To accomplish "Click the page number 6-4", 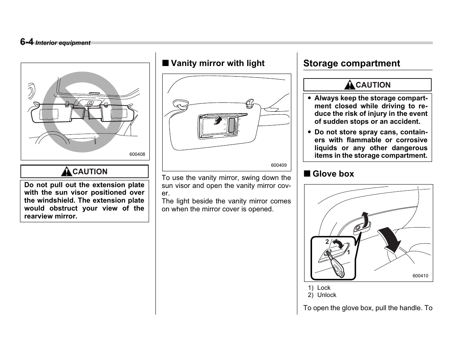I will [x=27, y=42].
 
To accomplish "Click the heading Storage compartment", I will [x=351, y=63].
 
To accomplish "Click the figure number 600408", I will [x=137, y=155].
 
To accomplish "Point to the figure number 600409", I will [x=279, y=165].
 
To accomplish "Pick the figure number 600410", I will [x=420, y=276].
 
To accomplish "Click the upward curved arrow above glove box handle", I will [x=365, y=220].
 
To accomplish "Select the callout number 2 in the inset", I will [x=327, y=242].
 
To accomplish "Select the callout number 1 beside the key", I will [x=349, y=252].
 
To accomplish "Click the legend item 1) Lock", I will [x=319, y=288].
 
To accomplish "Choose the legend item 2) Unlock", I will [x=322, y=295].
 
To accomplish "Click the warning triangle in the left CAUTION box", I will [x=67, y=172].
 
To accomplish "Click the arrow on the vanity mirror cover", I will [x=218, y=120].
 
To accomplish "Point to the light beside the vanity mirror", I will [x=231, y=125].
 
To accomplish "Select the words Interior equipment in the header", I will [x=63, y=43].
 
